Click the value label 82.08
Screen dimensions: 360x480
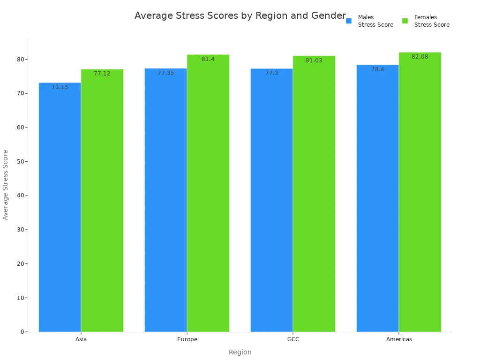[x=420, y=57]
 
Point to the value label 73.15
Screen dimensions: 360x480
[x=60, y=87]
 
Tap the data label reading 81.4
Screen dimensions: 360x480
[x=208, y=59]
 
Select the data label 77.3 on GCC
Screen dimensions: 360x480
[x=272, y=73]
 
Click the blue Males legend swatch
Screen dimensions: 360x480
[x=349, y=21]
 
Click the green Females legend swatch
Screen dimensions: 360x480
[x=405, y=21]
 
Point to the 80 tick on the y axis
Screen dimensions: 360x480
[x=21, y=60]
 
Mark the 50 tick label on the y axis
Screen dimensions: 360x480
[x=21, y=162]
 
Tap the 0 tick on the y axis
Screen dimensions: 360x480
[x=22, y=332]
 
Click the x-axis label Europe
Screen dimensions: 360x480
[x=187, y=339]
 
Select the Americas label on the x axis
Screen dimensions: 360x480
[x=399, y=339]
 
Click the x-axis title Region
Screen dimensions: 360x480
[x=240, y=352]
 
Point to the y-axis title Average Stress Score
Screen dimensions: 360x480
[x=6, y=185]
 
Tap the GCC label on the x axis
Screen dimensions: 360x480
[x=293, y=339]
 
